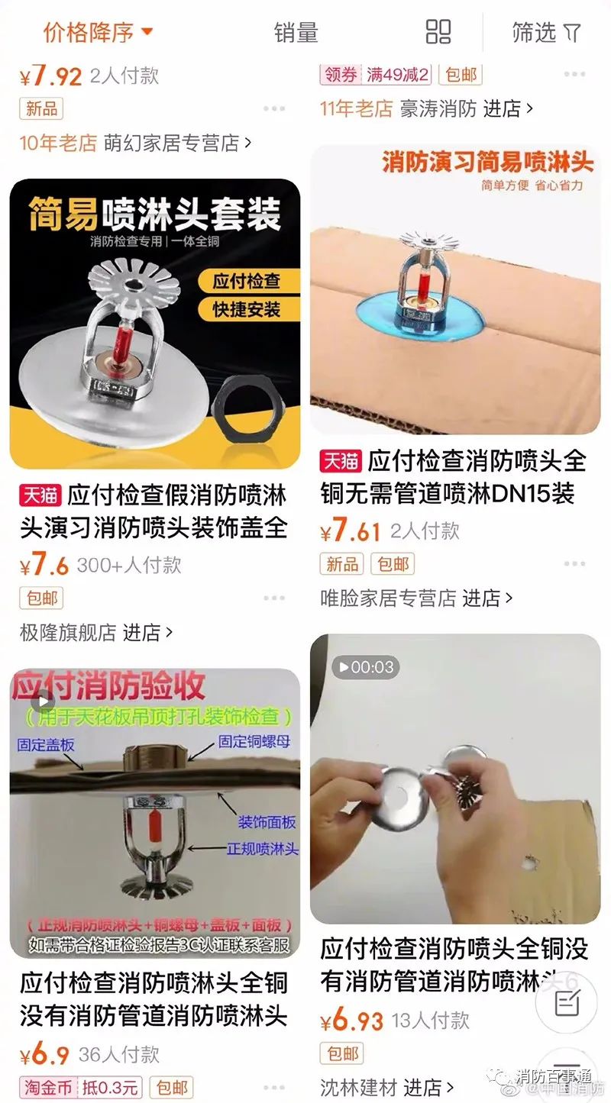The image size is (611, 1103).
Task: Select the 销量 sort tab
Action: [x=296, y=33]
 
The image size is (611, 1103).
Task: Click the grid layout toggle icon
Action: [x=438, y=32]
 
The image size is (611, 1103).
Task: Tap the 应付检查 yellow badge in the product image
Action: [x=246, y=280]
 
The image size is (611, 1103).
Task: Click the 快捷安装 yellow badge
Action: [x=246, y=309]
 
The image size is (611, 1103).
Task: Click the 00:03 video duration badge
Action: [x=365, y=667]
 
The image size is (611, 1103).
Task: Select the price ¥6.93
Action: [x=351, y=1021]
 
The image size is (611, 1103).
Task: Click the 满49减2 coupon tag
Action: [x=397, y=75]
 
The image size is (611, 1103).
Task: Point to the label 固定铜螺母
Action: [x=254, y=741]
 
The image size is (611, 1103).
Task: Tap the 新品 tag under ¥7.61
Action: [x=341, y=564]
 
